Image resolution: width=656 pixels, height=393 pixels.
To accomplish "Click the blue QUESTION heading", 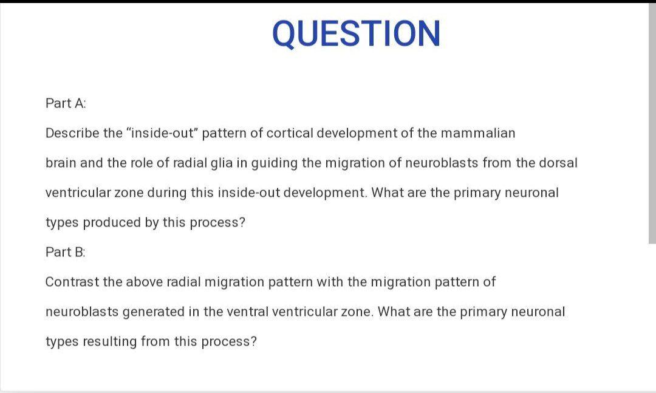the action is pyautogui.click(x=356, y=34).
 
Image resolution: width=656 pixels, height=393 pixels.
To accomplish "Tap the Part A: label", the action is pyautogui.click(x=66, y=103).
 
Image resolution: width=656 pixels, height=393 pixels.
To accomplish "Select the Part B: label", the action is pyautogui.click(x=65, y=252).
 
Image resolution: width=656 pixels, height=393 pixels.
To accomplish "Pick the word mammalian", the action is pyautogui.click(x=478, y=133).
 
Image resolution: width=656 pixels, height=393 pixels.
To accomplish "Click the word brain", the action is pyautogui.click(x=61, y=163).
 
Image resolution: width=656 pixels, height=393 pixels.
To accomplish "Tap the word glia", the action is pyautogui.click(x=221, y=163).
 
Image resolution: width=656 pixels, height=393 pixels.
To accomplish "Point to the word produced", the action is pyautogui.click(x=112, y=223).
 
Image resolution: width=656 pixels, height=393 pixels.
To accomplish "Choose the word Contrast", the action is pyautogui.click(x=72, y=282).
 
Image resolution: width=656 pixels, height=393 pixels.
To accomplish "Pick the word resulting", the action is pyautogui.click(x=109, y=342).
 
